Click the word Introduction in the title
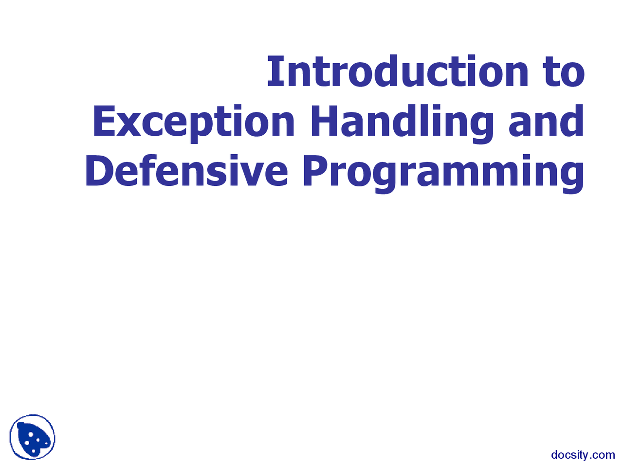[397, 71]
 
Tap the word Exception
[194, 124]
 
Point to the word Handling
[403, 124]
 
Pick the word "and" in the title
[546, 121]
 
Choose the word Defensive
[186, 170]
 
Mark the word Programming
[443, 174]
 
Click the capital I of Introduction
[275, 71]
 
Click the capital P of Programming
[316, 171]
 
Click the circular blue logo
[32, 437]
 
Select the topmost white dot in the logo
[31, 434]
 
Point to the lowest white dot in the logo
[34, 451]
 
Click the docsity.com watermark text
[583, 455]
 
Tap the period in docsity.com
[589, 459]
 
